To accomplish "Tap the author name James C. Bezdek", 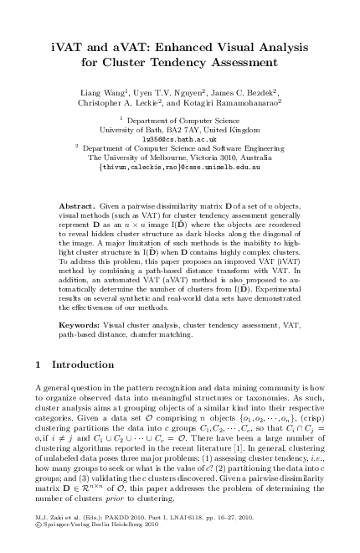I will pyautogui.click(x=252, y=93).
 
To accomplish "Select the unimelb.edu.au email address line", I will pyautogui.click(x=179, y=167).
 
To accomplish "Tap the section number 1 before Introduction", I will pyautogui.click(x=40, y=364).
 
